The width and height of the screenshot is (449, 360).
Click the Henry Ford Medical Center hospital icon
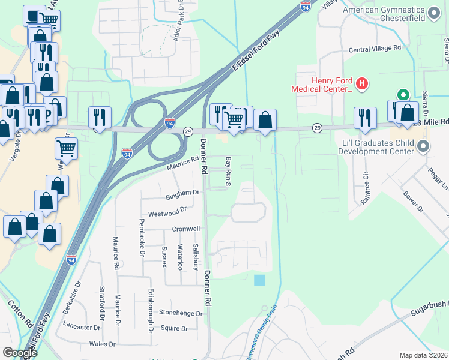(362, 84)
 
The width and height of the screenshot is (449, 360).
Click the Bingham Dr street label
(183, 194)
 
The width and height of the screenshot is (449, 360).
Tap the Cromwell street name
(186, 229)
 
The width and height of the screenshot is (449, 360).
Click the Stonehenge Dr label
(181, 313)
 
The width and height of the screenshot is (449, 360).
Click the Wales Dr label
(101, 344)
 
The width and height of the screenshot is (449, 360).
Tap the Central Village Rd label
(374, 48)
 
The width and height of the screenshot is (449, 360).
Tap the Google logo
(20, 353)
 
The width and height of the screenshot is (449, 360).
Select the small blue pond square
(259, 280)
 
